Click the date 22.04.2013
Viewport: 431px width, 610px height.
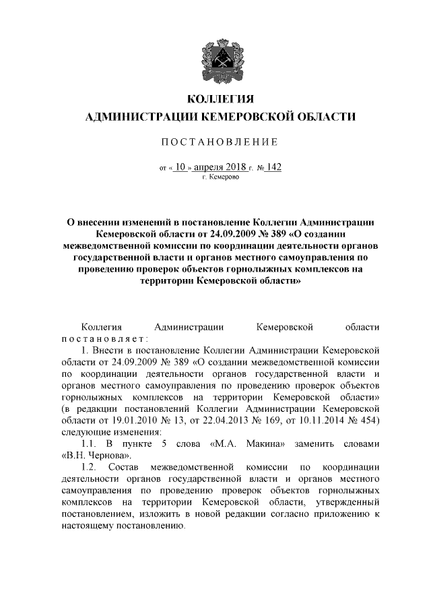(218, 421)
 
